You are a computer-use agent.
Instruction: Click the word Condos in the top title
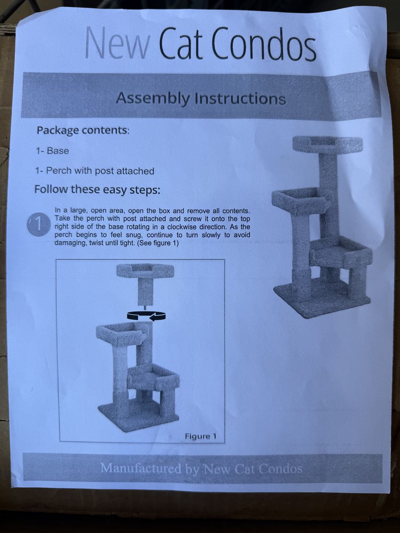point(264,45)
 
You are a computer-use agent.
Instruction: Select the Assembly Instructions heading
point(200,98)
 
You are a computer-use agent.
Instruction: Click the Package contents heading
point(83,131)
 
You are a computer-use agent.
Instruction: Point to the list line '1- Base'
point(52,151)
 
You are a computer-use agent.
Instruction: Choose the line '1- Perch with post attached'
point(95,171)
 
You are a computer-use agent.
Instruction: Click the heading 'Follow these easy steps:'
point(97,190)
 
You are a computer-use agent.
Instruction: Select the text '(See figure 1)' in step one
point(158,243)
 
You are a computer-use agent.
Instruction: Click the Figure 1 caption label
point(200,436)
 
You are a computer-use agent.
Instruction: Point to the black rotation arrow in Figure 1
point(146,316)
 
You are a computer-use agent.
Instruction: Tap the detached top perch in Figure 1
point(145,271)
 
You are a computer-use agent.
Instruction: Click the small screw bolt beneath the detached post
point(145,307)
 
